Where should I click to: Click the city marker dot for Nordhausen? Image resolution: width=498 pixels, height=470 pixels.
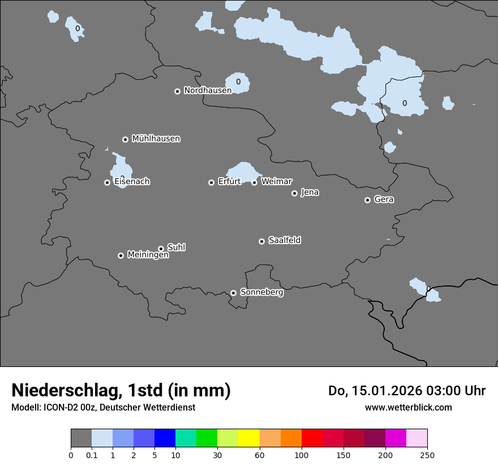coord(177,91)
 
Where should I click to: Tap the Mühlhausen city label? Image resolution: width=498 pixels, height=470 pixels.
coord(156,138)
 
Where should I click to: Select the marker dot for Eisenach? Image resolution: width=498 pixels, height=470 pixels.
coord(107,182)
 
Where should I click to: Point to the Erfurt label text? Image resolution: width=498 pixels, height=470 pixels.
coord(229,181)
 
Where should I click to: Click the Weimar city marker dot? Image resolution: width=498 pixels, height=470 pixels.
coord(254,182)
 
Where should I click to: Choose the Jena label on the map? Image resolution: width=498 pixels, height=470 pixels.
coord(310,192)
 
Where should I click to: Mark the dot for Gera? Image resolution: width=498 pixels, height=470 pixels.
coord(367,200)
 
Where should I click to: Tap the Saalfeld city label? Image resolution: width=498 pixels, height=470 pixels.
coord(284,240)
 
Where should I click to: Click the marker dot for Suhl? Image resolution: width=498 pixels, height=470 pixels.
coord(161,249)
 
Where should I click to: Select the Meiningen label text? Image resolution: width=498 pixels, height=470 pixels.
coord(148,255)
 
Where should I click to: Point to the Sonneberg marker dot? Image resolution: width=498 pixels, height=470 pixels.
coord(233,293)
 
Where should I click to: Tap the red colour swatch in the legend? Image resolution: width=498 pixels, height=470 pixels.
coord(312,438)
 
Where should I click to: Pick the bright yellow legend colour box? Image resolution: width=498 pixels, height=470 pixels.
coord(249,438)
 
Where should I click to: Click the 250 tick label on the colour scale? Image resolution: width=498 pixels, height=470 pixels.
coord(427,455)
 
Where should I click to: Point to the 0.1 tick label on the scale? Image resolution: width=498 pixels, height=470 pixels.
coord(92,455)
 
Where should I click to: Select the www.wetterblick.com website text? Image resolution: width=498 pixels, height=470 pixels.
coord(408,407)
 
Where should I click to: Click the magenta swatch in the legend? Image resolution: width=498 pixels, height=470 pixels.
coord(396,438)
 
